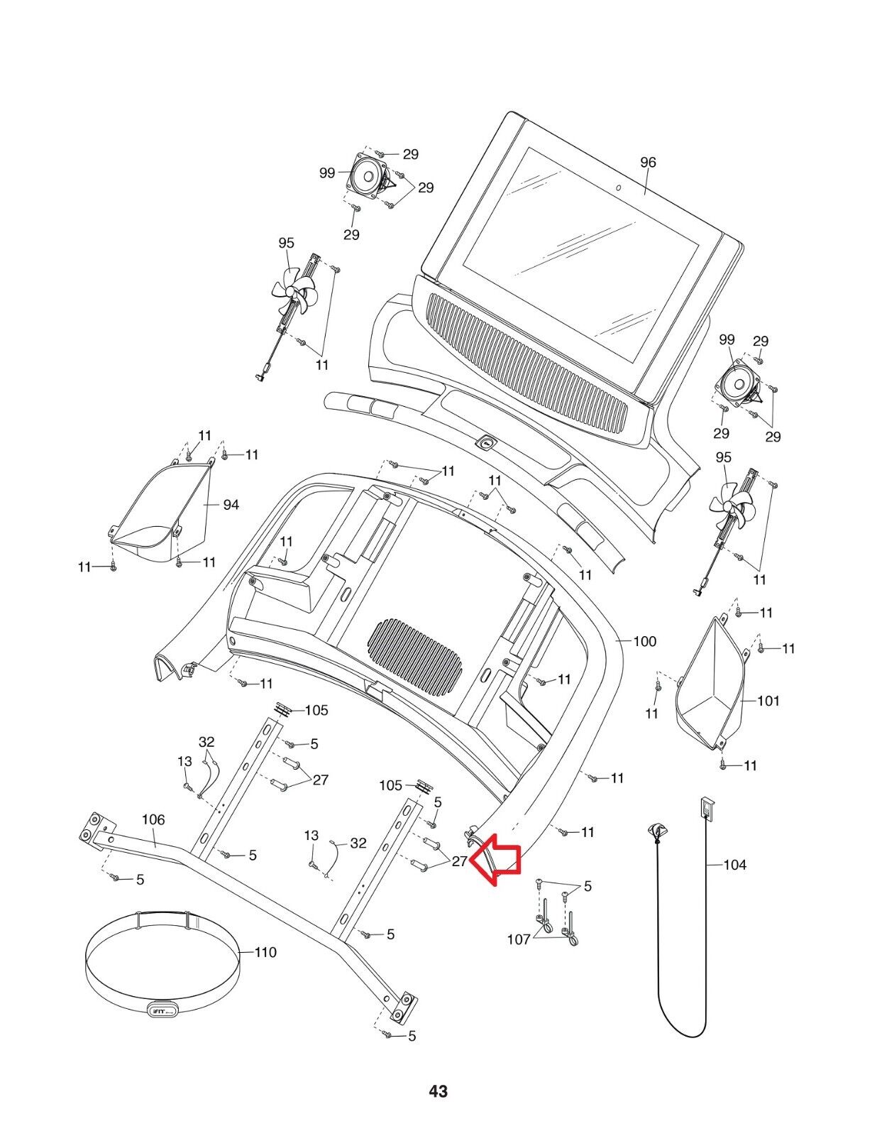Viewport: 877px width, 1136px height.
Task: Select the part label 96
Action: point(648,162)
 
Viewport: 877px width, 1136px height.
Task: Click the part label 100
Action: point(644,641)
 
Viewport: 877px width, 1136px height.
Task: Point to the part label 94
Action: point(231,505)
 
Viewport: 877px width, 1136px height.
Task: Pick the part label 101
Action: point(768,701)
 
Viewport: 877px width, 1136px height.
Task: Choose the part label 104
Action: point(735,865)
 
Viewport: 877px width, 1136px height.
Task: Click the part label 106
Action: point(153,820)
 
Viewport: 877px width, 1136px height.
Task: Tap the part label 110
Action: point(265,953)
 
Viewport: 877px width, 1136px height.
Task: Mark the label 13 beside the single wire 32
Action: point(311,836)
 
